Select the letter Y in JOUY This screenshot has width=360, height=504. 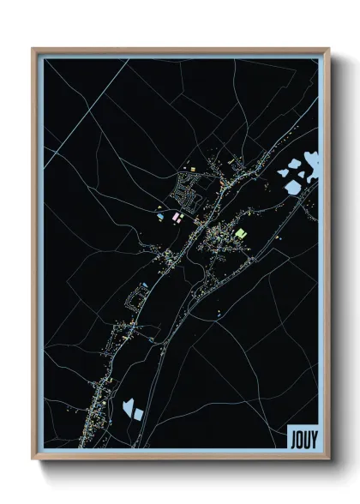[x=312, y=437]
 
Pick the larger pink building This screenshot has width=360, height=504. [x=177, y=219]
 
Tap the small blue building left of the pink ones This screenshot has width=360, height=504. [x=161, y=218]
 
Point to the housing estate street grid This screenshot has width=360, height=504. [x=189, y=190]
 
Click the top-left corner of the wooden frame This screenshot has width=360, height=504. [x=33, y=49]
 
